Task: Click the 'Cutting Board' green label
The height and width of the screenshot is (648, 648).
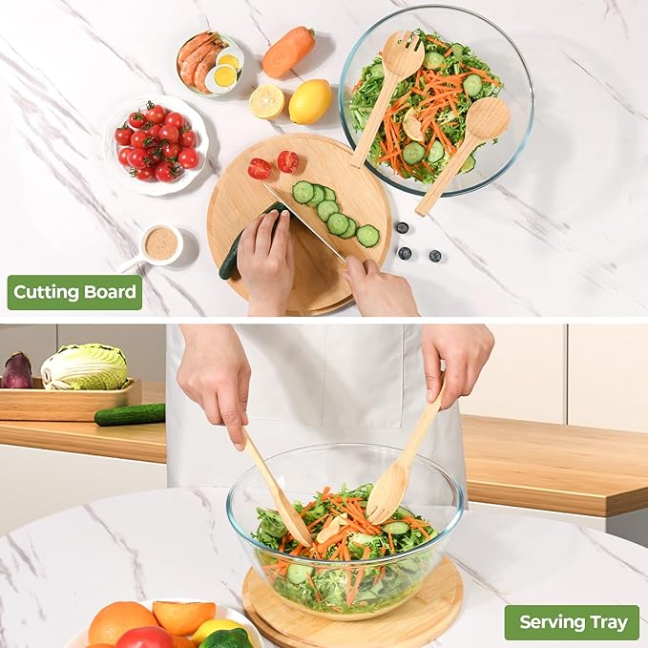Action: click(x=74, y=292)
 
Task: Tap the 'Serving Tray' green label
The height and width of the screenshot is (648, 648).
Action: click(x=572, y=622)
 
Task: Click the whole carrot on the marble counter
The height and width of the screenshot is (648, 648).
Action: click(x=288, y=52)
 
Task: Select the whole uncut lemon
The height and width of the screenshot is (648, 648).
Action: click(x=310, y=102)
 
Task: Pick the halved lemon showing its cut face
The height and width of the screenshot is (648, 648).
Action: click(x=266, y=102)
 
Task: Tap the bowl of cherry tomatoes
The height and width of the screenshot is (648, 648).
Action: click(x=157, y=145)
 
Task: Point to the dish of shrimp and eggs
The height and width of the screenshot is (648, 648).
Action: click(x=210, y=64)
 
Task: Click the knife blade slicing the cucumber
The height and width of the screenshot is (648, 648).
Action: click(x=305, y=224)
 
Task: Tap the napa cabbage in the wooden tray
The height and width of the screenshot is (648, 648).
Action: click(x=85, y=367)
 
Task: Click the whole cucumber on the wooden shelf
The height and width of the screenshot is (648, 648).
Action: click(x=130, y=414)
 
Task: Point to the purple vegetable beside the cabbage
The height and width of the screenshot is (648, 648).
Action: click(x=16, y=370)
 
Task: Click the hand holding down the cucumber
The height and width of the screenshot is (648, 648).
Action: click(x=264, y=261)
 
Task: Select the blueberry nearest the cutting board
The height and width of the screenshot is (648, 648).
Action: click(x=402, y=227)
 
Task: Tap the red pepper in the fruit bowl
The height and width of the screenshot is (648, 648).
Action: click(x=145, y=638)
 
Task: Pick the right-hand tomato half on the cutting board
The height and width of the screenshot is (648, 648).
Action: click(x=288, y=161)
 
